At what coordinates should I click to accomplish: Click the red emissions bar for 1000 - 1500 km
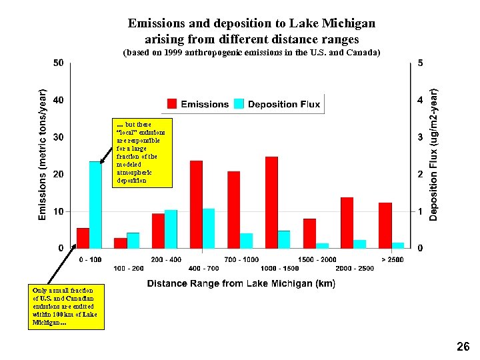[271, 203]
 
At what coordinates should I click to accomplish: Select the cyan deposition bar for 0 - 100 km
[95, 205]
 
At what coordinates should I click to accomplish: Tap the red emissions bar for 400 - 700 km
[196, 205]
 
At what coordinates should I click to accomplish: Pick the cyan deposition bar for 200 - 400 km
[171, 229]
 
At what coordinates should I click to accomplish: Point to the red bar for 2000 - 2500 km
[347, 223]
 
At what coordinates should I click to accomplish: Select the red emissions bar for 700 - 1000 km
[233, 209]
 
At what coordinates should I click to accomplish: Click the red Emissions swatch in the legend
[172, 104]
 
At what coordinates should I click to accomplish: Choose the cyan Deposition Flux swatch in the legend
[239, 104]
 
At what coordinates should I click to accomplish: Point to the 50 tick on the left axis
[59, 63]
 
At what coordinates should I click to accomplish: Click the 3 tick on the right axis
[419, 137]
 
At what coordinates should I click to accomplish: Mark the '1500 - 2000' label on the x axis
[317, 259]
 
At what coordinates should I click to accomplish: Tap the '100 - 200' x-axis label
[129, 268]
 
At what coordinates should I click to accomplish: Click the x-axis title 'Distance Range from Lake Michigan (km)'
[241, 283]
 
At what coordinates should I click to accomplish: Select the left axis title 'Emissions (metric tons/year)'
[42, 155]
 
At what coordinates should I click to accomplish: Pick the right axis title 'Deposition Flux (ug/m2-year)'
[434, 155]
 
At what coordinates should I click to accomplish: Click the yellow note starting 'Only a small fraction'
[66, 307]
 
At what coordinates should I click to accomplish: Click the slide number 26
[463, 346]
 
